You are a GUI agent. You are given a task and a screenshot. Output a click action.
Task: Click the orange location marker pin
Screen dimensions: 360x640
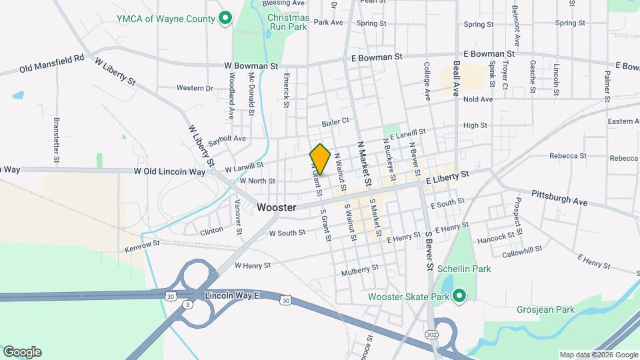(x=321, y=159)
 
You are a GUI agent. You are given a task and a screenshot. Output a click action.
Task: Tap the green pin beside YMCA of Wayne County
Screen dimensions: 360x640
(x=225, y=18)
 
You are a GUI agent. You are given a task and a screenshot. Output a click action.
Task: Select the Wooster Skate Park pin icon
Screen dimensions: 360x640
(x=459, y=296)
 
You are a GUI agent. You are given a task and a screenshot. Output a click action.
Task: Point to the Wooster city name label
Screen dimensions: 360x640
(x=276, y=208)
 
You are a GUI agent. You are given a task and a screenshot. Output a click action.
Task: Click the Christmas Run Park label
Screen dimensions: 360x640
(x=287, y=21)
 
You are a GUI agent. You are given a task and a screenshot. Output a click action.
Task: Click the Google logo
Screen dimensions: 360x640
(x=22, y=352)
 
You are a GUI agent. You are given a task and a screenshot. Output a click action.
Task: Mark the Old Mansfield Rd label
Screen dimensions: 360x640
(x=51, y=63)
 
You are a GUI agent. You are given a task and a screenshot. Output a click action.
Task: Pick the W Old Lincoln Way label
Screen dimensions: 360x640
(x=169, y=171)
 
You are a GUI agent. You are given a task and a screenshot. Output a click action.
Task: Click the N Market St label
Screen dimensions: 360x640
(x=364, y=163)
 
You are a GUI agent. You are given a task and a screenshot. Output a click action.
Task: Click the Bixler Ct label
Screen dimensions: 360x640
(x=335, y=122)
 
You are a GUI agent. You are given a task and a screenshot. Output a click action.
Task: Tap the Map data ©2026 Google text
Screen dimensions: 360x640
(x=597, y=355)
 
